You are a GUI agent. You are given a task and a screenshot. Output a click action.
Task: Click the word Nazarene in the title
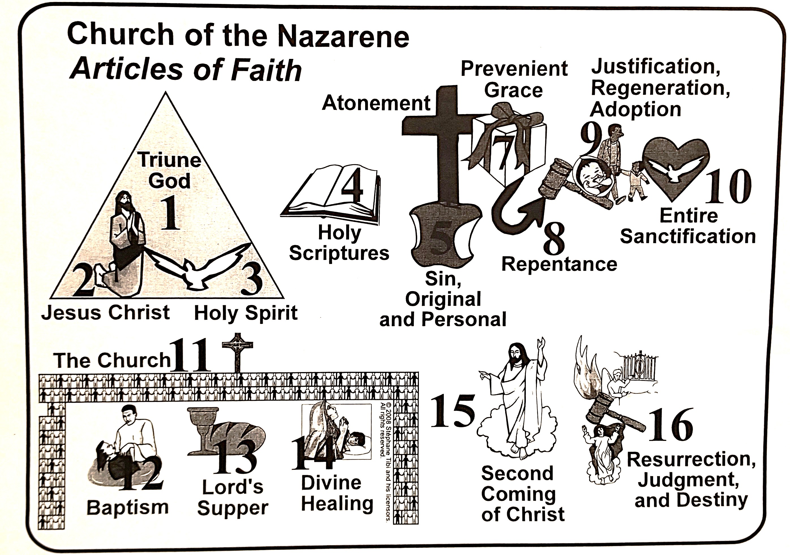pyautogui.click(x=343, y=37)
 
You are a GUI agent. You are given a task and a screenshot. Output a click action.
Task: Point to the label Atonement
pyautogui.click(x=376, y=103)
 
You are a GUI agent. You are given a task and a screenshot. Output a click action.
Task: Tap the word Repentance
pyautogui.click(x=559, y=264)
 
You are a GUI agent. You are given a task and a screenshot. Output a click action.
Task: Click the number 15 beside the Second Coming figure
pyautogui.click(x=453, y=411)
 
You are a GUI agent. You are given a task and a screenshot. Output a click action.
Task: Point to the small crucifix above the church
pyautogui.click(x=237, y=351)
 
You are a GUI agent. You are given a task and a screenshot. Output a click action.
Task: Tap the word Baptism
pyautogui.click(x=128, y=507)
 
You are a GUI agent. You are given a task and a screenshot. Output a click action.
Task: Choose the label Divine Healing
pyautogui.click(x=337, y=494)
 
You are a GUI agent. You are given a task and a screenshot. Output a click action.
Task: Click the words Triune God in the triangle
pyautogui.click(x=170, y=170)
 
